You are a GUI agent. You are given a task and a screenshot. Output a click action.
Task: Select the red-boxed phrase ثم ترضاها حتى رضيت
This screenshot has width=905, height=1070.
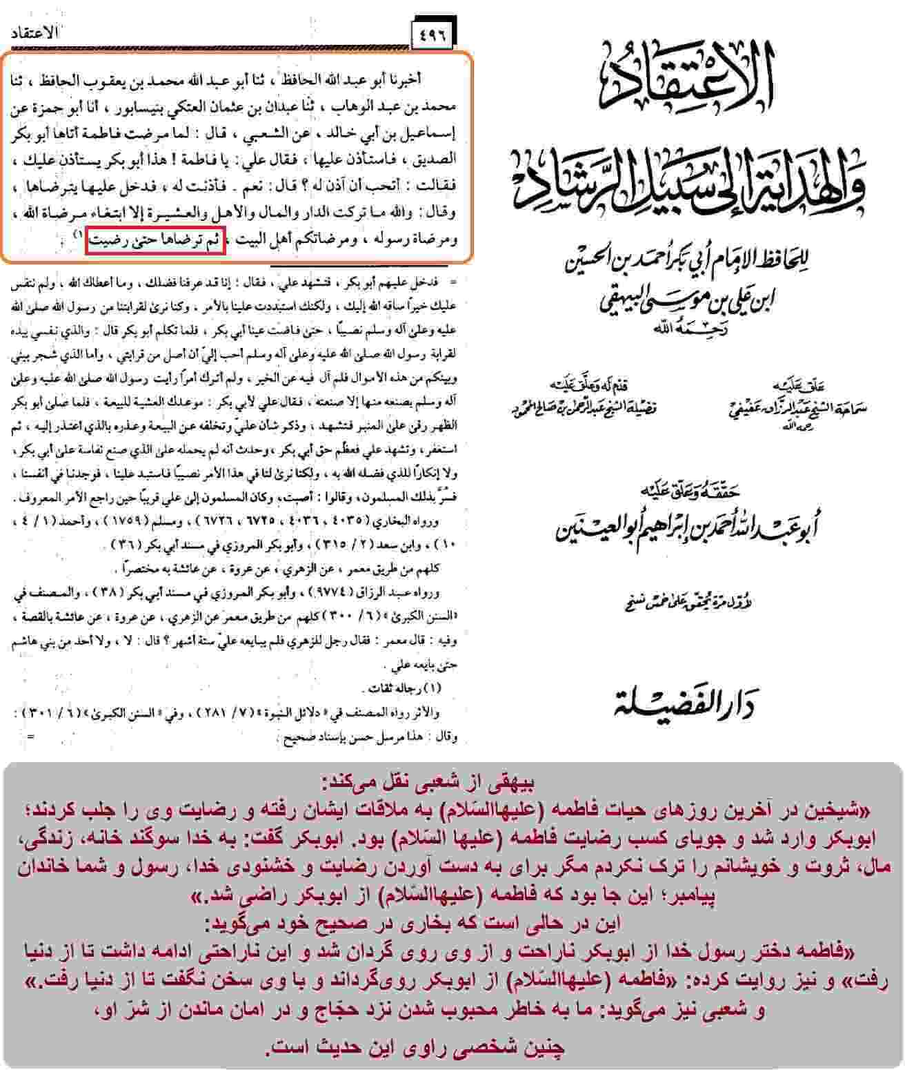[x=156, y=242]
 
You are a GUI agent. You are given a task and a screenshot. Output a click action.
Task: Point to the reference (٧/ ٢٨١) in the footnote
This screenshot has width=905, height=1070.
[x=215, y=713]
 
